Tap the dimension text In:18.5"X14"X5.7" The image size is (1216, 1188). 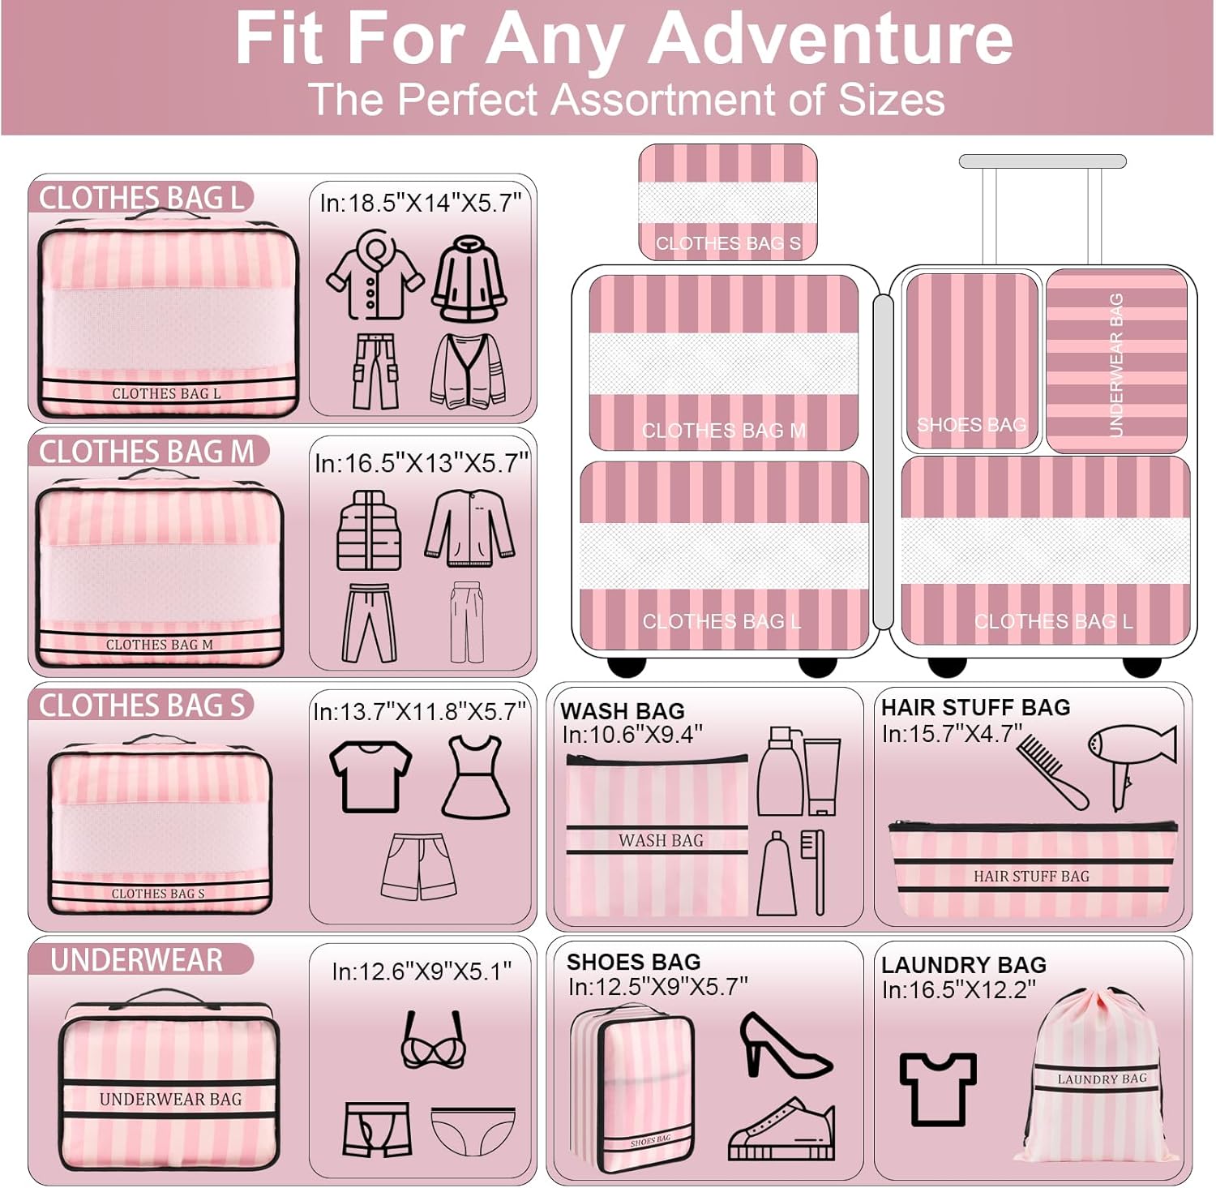click(x=420, y=202)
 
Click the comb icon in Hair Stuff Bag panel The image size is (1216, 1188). click(x=1052, y=771)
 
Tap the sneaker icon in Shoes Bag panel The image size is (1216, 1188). click(x=781, y=1129)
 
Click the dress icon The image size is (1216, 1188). click(x=476, y=776)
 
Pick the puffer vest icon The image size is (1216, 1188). click(x=369, y=530)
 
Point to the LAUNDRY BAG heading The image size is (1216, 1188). click(x=964, y=965)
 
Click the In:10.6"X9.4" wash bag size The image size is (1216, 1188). click(x=632, y=734)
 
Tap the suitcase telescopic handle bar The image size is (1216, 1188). click(x=1043, y=161)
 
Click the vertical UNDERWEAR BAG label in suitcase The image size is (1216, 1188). click(x=1115, y=365)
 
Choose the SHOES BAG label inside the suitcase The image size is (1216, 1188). click(x=971, y=424)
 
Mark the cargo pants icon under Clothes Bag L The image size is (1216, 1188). click(x=375, y=371)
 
